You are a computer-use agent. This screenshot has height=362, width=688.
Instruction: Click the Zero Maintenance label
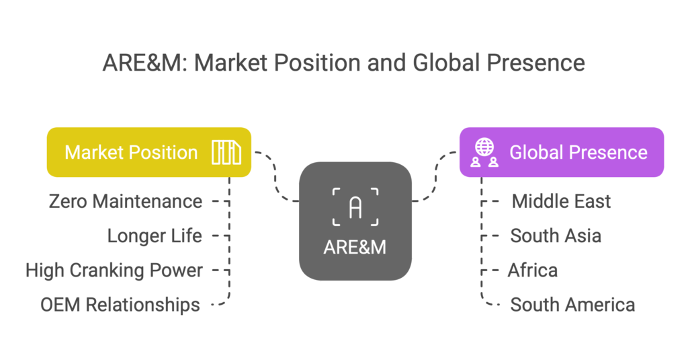pos(126,201)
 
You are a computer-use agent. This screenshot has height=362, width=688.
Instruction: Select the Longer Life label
pos(155,236)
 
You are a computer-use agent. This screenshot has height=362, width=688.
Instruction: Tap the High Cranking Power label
pos(114,270)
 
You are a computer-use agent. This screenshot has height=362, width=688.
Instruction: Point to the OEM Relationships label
pos(120,305)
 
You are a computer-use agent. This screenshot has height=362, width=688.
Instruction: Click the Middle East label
pos(561,201)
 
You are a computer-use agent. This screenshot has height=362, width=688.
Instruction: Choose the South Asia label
pos(556,236)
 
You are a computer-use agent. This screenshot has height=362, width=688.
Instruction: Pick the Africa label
pos(533,270)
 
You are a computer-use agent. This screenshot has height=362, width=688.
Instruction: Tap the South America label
pos(572,305)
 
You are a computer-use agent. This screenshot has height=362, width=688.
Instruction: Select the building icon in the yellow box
pos(226,153)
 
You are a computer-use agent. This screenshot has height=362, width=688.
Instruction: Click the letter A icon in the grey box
pos(355,207)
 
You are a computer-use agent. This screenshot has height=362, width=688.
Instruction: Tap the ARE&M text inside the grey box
pos(355,248)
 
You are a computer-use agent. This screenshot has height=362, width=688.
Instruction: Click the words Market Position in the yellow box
pos(131,153)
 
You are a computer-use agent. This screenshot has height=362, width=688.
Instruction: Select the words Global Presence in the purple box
pos(578,153)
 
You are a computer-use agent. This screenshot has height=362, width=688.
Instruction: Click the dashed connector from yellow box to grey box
pos(275,176)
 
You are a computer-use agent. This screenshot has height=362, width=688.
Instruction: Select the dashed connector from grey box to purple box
pos(435,176)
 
